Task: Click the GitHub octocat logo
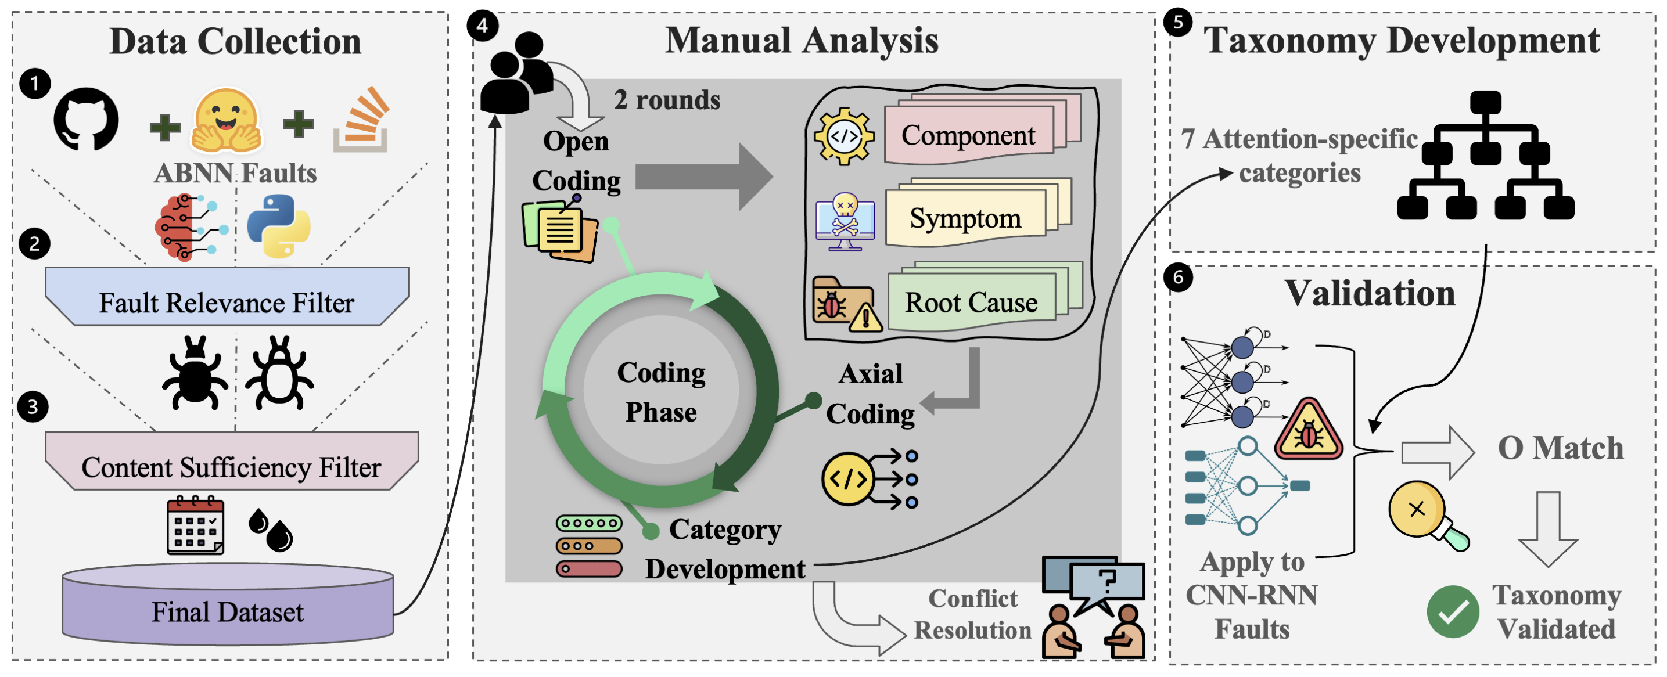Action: click(x=86, y=120)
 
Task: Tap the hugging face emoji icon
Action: click(x=226, y=121)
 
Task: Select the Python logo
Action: click(x=279, y=226)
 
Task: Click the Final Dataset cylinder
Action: click(x=228, y=608)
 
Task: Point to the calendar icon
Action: click(x=195, y=525)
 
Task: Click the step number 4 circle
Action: click(x=483, y=26)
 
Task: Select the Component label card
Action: click(x=969, y=135)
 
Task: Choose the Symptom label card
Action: click(x=965, y=218)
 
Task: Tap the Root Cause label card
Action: click(x=971, y=302)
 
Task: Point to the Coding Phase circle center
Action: click(x=661, y=391)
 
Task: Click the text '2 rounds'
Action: click(x=667, y=100)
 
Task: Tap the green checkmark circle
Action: click(x=1452, y=611)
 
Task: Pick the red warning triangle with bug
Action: click(x=1309, y=431)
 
